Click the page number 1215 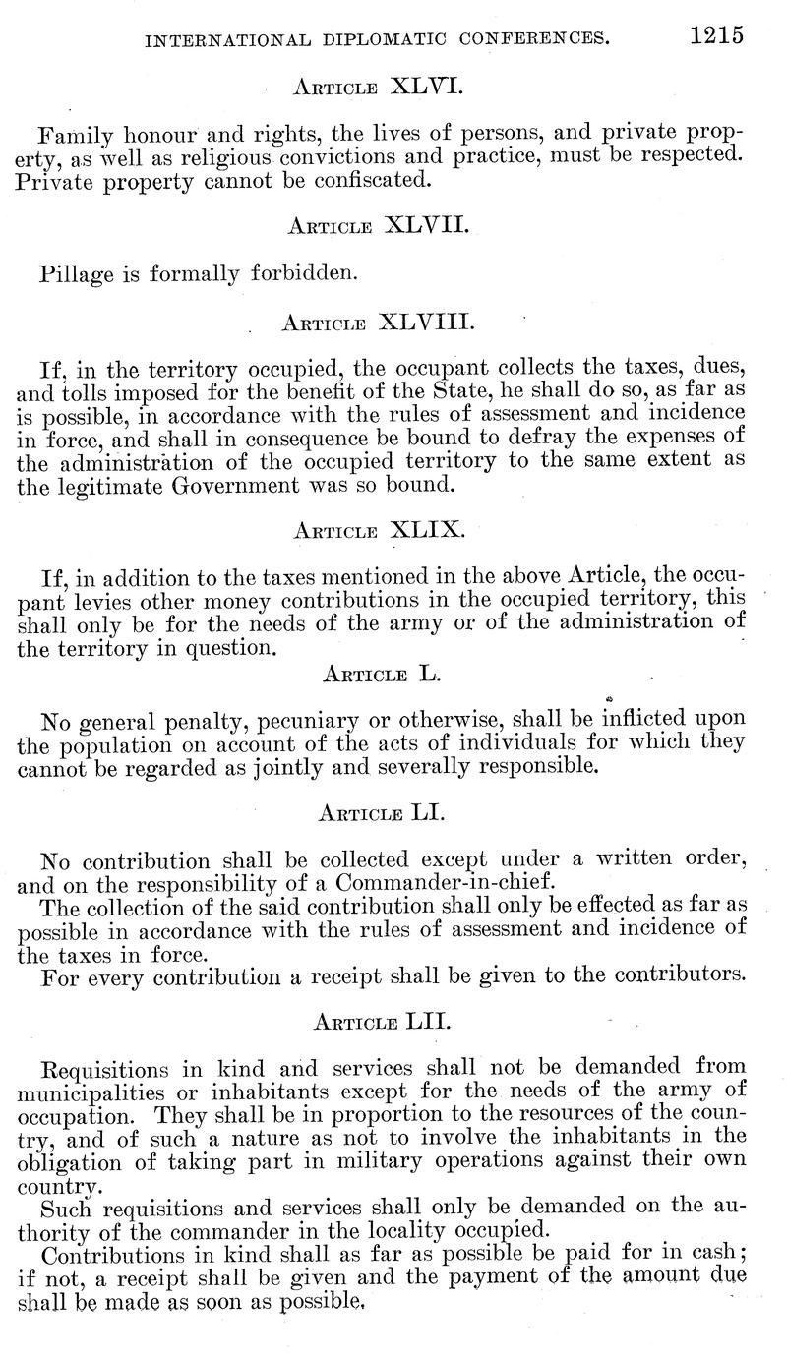pos(716,35)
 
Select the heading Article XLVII pos(379,226)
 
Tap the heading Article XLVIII pos(379,322)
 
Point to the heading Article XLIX pos(379,530)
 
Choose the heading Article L pos(380,675)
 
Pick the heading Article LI pos(379,814)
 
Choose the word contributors pos(669,975)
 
